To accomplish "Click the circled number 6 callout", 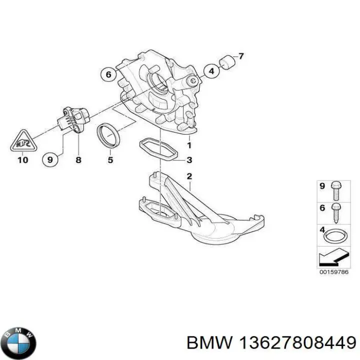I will tap(107, 74).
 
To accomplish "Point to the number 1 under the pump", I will tap(189, 145).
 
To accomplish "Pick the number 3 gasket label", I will tap(189, 160).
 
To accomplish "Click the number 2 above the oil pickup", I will tap(189, 176).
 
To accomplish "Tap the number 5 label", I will tap(110, 160).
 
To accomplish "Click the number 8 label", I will tap(78, 160).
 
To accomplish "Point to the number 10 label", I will tap(22, 160).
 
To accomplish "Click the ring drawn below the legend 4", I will tap(333, 236).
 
